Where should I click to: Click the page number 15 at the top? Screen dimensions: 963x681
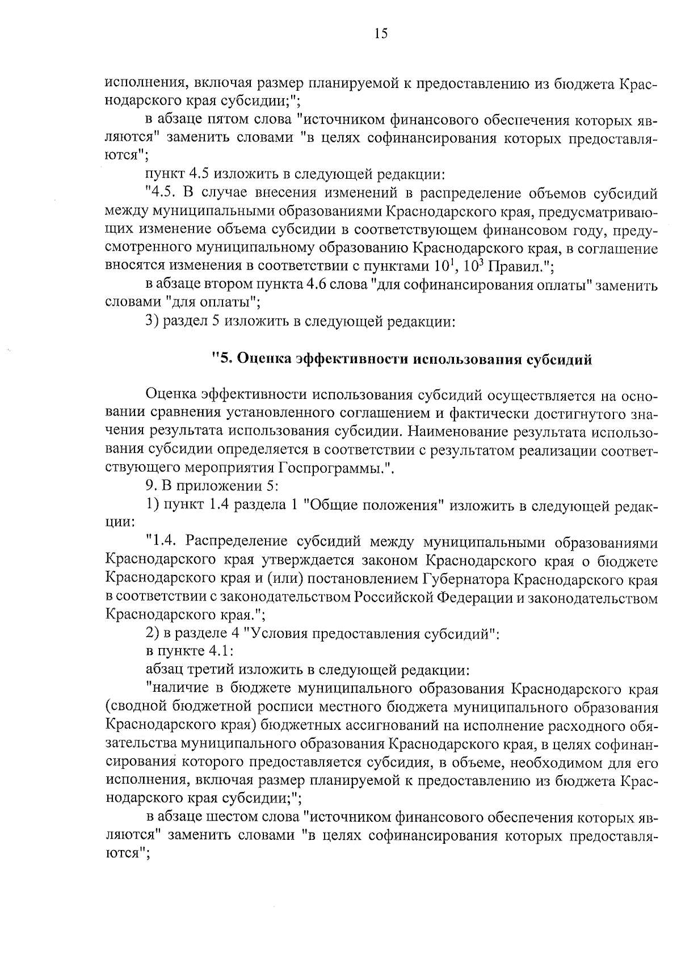(x=381, y=34)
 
